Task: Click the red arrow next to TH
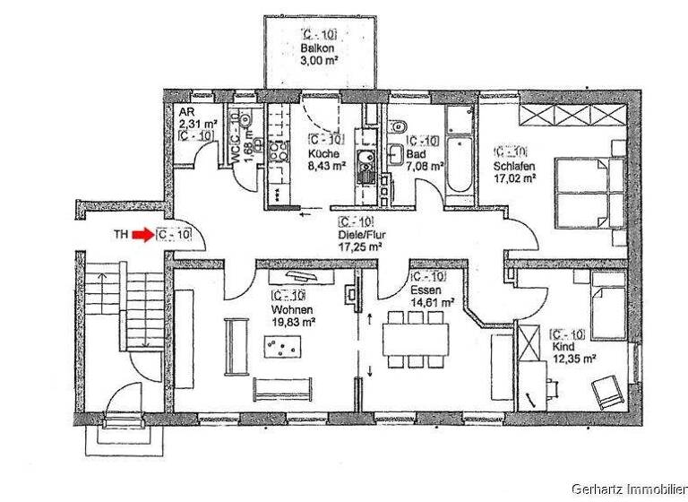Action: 142,235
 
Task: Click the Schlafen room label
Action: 513,166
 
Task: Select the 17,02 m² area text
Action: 514,177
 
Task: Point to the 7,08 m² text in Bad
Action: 426,165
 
